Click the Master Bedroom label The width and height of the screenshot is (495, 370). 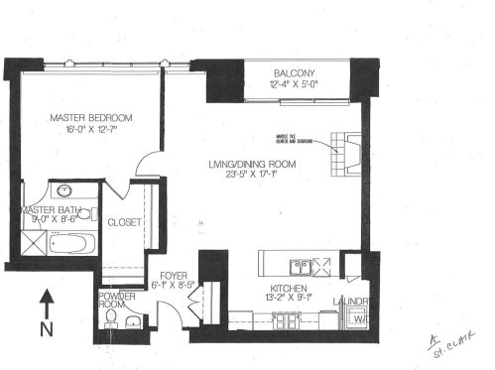[x=91, y=117]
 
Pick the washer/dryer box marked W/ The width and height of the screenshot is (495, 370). [x=357, y=319]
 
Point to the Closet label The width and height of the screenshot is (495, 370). [x=124, y=223]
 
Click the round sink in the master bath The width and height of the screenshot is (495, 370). [x=63, y=190]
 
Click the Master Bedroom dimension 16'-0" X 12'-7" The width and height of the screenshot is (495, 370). [x=91, y=130]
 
